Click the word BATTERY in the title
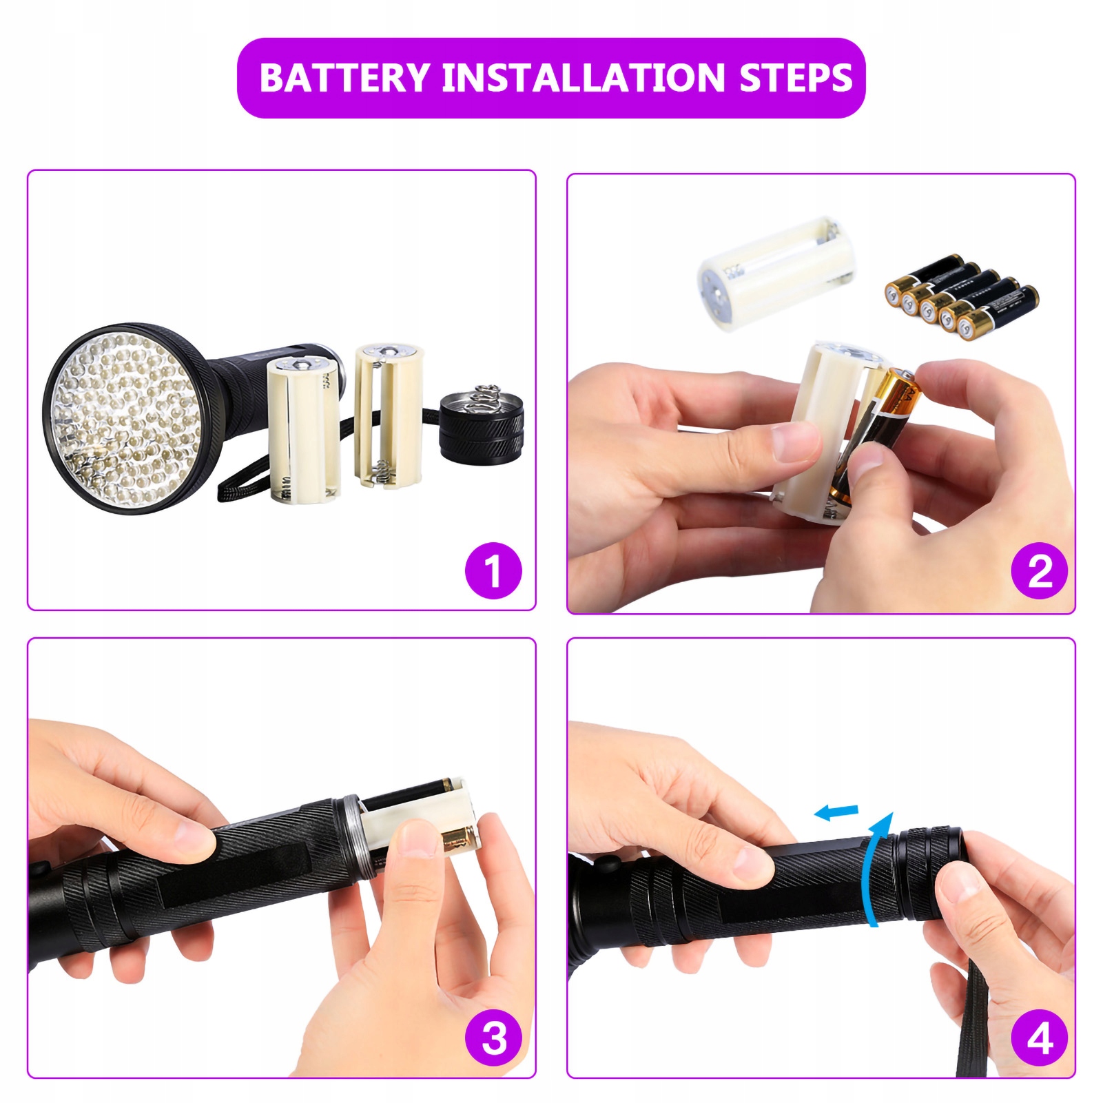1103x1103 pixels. point(344,78)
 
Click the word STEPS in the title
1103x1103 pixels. point(796,78)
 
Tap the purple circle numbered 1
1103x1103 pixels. point(493,571)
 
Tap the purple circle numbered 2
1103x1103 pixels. point(1040,571)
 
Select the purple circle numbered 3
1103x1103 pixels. point(493,1038)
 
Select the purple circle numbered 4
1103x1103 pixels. point(1040,1038)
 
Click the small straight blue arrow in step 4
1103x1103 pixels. point(836,813)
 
